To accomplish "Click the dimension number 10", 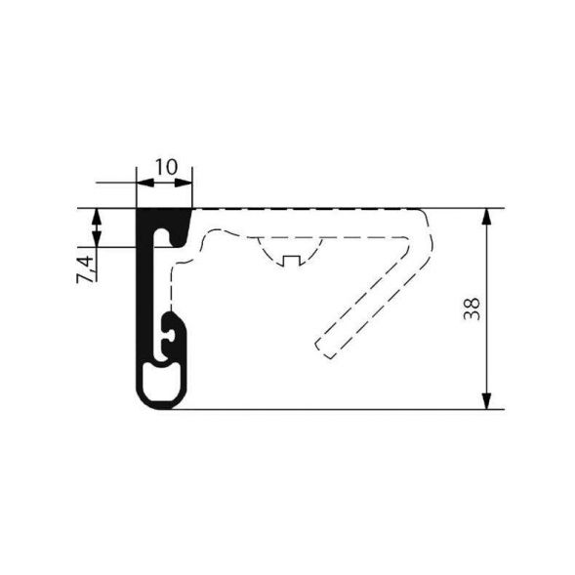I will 165,166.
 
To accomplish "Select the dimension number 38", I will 472,309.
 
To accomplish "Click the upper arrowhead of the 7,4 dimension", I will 96,215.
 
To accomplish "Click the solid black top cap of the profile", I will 164,217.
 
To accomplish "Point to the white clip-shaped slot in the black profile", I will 171,335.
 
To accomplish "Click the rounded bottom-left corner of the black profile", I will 142,398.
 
